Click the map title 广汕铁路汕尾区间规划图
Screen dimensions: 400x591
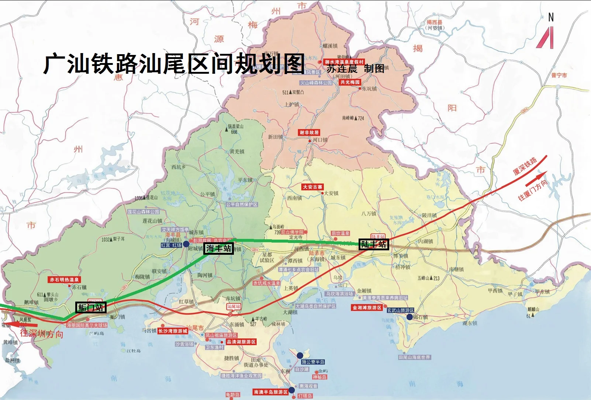coord(174,63)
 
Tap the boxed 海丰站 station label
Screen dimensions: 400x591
coord(218,248)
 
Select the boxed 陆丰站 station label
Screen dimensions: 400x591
coord(374,244)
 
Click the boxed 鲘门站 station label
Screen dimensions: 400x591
coord(91,307)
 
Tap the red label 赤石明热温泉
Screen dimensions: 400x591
coord(65,280)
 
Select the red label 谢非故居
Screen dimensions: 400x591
coord(309,132)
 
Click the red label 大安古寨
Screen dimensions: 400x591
coord(312,187)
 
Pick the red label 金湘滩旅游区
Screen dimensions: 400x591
coord(367,307)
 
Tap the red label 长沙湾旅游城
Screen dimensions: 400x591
coord(173,331)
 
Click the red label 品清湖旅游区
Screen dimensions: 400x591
coord(241,342)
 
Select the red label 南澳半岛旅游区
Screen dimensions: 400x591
coord(270,392)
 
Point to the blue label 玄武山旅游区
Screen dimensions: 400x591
coord(400,310)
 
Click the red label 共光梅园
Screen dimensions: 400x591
coord(350,82)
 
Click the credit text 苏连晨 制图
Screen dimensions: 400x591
coord(355,69)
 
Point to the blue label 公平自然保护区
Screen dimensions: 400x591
coord(242,204)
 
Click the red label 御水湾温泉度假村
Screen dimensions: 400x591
coord(344,62)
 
